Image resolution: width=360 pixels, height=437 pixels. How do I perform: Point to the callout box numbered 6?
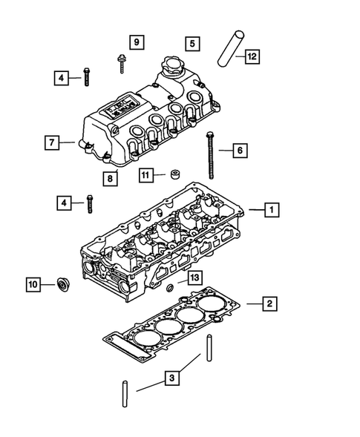click(x=239, y=151)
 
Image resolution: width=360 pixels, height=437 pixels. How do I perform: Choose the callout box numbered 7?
click(x=50, y=141)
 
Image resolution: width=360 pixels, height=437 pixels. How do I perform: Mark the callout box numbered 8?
click(x=110, y=177)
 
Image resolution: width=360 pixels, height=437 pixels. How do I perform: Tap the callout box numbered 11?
click(x=146, y=175)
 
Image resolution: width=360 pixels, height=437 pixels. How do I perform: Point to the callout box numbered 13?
click(x=194, y=277)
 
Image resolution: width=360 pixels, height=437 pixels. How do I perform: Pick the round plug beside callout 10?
click(x=62, y=283)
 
